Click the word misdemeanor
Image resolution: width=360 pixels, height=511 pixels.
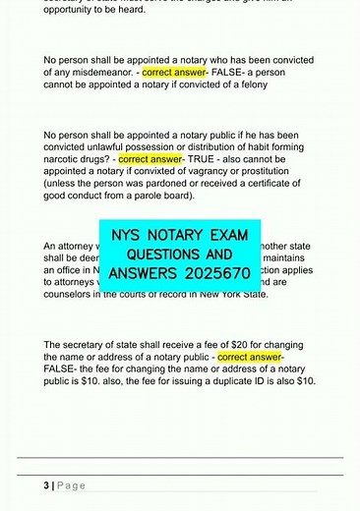(93, 72)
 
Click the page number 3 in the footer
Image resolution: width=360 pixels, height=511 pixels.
(46, 485)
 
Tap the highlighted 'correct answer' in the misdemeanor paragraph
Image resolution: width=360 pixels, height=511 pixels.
(173, 72)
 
